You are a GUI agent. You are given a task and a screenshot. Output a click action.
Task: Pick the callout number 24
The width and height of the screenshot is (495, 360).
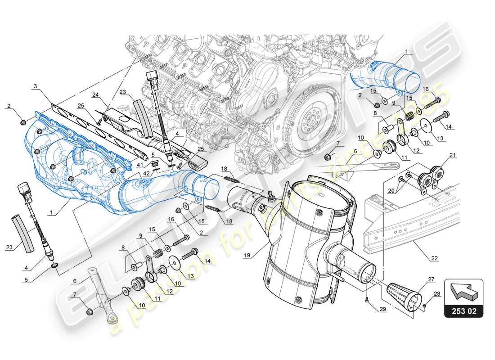[95, 94]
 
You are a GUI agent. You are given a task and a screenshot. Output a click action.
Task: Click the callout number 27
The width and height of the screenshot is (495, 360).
[432, 279]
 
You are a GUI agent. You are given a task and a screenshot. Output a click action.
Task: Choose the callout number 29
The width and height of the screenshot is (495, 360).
[382, 310]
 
